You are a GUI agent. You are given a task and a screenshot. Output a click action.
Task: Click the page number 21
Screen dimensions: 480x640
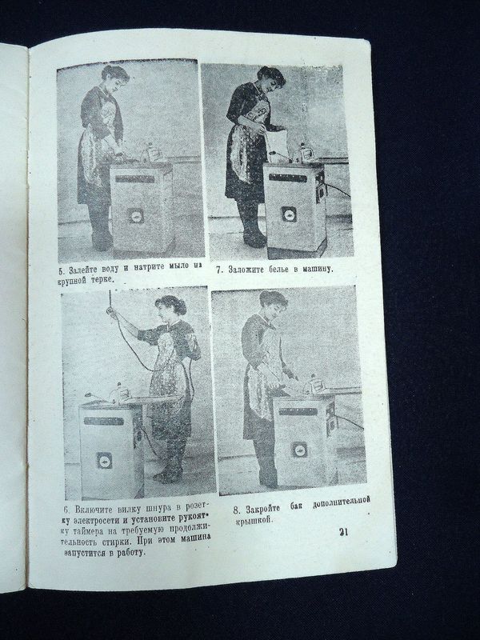tap(343, 532)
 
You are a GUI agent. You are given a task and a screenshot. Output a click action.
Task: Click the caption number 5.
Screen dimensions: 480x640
tap(62, 270)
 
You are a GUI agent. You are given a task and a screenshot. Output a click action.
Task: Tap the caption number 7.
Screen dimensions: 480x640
tap(219, 270)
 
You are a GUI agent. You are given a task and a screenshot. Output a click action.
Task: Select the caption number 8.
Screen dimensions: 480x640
tap(236, 510)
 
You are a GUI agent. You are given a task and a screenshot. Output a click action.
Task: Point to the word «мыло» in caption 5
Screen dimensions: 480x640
tap(170, 266)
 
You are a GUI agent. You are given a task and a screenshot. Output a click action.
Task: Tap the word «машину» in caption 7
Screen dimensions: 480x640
tap(317, 269)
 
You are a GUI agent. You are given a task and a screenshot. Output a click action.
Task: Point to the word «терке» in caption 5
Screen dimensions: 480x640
tap(100, 279)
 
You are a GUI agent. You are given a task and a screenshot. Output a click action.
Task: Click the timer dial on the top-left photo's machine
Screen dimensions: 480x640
tap(135, 215)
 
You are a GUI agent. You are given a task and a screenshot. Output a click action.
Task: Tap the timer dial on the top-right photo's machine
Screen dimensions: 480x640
tap(288, 214)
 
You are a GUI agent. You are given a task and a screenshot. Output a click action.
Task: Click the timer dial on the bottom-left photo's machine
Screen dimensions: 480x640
tap(104, 461)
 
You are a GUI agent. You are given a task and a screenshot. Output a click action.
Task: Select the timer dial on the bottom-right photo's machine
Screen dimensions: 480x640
tap(298, 450)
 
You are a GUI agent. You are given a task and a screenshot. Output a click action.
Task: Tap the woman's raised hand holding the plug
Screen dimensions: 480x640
tap(111, 312)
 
